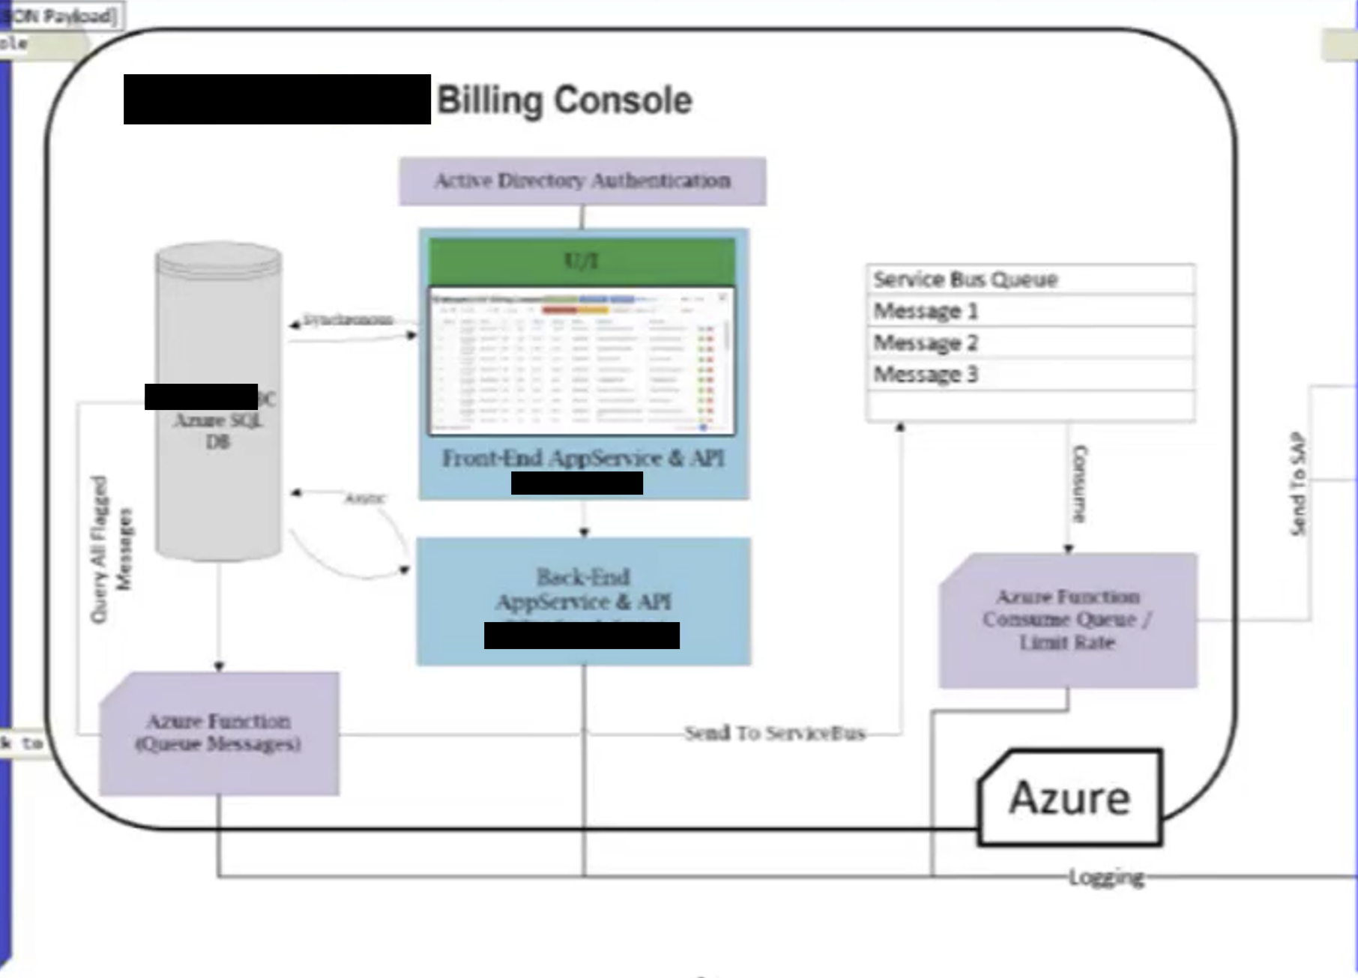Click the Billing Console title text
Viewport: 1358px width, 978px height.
coord(564,100)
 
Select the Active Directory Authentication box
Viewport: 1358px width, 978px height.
coord(582,181)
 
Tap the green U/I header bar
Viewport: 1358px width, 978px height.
coord(582,261)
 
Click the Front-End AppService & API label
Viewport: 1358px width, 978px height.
coord(583,458)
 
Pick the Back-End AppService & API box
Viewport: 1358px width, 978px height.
coord(584,592)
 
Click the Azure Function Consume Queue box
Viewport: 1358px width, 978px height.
coord(1068,620)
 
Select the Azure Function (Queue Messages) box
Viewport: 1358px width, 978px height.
coord(219,733)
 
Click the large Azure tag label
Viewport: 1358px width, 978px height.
coord(1069,797)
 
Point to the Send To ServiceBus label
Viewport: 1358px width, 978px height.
coord(775,733)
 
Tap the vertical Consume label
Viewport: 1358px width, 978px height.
coord(1080,484)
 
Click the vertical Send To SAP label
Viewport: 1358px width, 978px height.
coord(1298,484)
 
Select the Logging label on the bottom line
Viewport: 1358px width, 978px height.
coord(1106,877)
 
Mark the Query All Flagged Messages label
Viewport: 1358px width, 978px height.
coord(110,549)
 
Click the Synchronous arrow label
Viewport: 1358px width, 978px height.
coord(348,320)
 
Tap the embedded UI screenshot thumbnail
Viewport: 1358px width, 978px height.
coord(582,360)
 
